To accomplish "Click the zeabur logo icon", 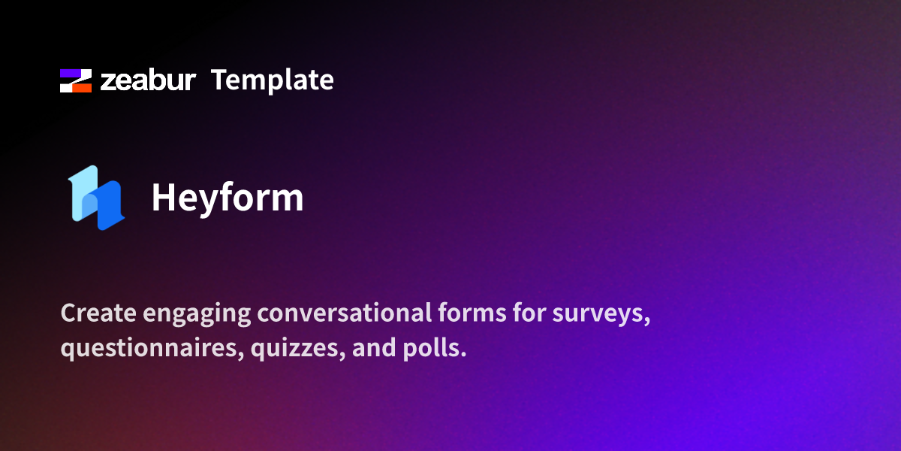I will click(x=76, y=80).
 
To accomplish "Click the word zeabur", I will click(x=148, y=81).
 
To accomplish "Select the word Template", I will click(x=272, y=80).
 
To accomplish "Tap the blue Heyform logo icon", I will click(x=96, y=198).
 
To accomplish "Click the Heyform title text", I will click(x=228, y=198).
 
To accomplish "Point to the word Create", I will click(x=95, y=314).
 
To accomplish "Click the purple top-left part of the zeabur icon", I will click(x=69, y=74).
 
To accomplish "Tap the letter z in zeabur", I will click(x=108, y=83).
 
